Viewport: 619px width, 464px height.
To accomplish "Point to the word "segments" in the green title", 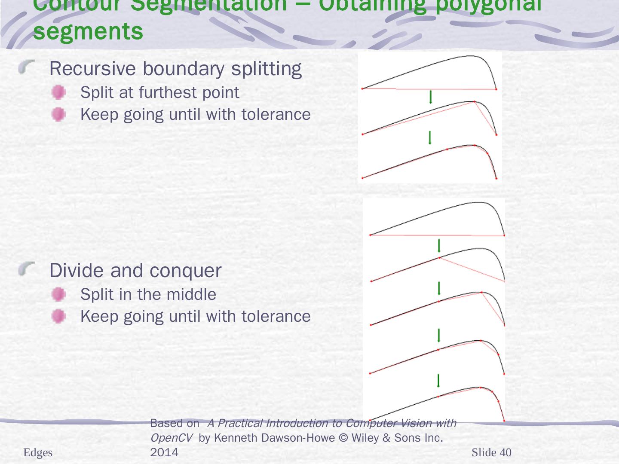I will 88,31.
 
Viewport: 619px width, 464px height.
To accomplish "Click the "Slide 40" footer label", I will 491,452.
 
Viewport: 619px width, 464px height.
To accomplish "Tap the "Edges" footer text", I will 38,453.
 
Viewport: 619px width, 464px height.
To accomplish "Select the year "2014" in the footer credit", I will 164,452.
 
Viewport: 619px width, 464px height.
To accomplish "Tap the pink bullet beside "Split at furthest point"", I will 58,92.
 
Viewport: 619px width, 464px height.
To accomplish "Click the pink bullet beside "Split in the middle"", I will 58,294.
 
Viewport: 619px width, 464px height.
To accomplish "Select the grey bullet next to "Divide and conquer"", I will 27,270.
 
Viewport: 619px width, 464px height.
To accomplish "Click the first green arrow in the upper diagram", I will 431,97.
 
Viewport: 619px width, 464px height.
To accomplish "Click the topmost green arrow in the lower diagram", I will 439,246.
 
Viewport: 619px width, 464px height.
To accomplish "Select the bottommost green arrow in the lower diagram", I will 438,380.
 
